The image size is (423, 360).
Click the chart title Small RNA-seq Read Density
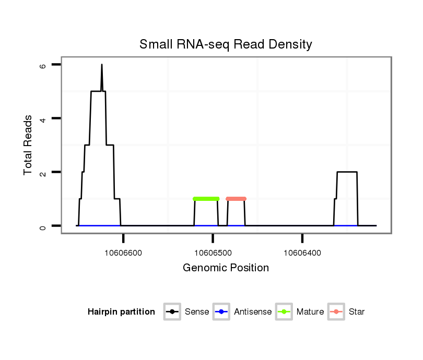(226, 44)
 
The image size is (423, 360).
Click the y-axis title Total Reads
(28, 145)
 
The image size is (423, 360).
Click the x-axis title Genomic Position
(226, 268)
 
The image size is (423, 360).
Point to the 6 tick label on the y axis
(43, 66)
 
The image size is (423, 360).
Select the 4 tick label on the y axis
(43, 119)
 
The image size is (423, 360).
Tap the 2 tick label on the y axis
(43, 173)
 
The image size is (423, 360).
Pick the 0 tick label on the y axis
(43, 226)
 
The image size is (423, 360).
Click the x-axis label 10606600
(123, 253)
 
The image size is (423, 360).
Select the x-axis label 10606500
(213, 253)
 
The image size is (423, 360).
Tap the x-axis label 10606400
(302, 253)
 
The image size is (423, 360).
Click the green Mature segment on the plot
(206, 199)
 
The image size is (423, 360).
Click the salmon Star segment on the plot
(236, 199)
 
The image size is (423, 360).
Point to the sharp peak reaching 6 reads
(102, 66)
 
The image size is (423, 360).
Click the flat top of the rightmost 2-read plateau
(347, 172)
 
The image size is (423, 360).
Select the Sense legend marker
(171, 312)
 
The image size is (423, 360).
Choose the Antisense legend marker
(221, 312)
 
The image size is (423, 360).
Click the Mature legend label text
(310, 312)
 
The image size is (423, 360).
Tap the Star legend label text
(357, 312)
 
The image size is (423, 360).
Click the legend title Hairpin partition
(121, 312)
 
